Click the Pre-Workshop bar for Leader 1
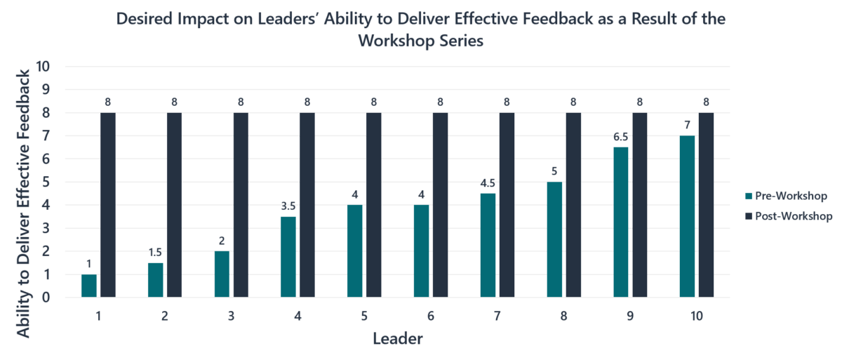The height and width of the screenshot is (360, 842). point(89,286)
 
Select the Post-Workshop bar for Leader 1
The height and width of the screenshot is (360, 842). point(108,205)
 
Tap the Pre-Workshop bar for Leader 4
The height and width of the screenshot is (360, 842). point(288,257)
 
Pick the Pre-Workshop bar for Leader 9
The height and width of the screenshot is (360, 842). point(621,222)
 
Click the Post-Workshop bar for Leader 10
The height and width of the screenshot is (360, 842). point(706,205)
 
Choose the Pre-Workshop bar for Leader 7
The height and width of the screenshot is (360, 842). point(488,245)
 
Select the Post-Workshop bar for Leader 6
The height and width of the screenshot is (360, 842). point(440,205)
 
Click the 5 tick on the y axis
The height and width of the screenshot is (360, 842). point(48,182)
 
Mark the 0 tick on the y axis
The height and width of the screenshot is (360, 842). point(48,298)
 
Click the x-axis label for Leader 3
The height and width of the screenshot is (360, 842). point(232,316)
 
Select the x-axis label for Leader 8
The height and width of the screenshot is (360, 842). point(564,316)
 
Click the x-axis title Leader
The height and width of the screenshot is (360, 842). point(397,340)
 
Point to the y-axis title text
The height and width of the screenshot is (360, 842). point(24,204)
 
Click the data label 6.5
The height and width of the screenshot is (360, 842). point(620,138)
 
